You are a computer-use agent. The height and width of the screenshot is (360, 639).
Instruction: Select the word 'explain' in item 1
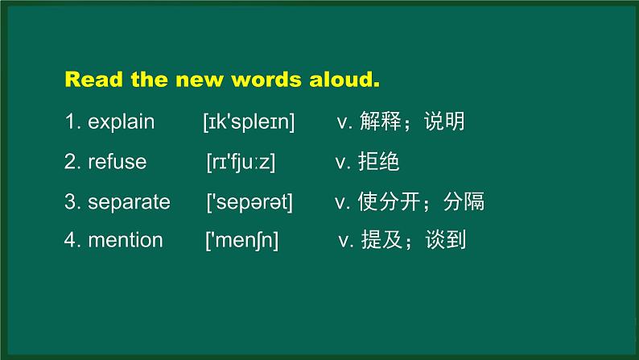pos(121,122)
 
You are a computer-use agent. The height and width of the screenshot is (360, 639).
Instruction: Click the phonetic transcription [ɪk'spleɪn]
pos(249,122)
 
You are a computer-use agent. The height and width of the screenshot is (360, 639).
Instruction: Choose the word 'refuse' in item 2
pos(117,162)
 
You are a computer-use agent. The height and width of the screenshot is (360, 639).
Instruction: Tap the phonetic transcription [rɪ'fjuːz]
pos(241,162)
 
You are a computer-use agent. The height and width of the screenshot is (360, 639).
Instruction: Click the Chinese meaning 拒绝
pos(378,162)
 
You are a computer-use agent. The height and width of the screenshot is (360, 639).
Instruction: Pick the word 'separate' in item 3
pos(129,201)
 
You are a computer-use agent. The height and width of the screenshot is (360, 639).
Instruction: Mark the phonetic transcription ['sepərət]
pos(249,201)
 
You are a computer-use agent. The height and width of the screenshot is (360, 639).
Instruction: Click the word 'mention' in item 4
pos(125,240)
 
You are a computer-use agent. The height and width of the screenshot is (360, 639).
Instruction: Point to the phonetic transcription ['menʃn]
pos(242,240)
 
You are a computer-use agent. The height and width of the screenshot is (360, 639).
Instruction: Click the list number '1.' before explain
pos(72,122)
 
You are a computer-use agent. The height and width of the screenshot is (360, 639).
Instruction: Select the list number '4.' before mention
pos(72,240)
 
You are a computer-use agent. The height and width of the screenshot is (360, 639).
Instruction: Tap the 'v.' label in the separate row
pos(341,201)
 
